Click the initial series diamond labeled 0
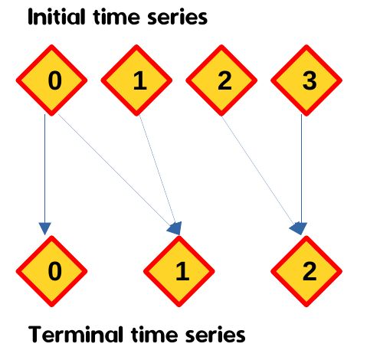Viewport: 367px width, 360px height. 51,80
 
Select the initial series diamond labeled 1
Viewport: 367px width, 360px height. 136,80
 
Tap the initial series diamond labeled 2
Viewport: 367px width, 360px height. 221,80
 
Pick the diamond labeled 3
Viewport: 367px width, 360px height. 306,80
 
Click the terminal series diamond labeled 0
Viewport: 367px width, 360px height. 51,271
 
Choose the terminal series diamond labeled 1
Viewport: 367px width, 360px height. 179,271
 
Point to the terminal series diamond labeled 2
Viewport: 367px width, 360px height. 306,271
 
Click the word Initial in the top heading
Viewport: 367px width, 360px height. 56,17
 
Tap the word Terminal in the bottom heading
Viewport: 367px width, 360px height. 75,334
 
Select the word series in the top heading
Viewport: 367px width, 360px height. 178,18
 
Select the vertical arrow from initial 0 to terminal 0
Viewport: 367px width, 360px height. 45,175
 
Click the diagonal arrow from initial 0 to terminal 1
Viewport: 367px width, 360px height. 120,174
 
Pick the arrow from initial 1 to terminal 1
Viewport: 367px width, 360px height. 160,175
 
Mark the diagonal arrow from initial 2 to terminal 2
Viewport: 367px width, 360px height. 263,175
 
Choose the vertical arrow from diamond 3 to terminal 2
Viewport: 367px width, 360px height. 301,175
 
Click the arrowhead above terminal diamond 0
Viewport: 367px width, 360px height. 45,228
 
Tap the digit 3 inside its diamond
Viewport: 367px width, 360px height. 310,80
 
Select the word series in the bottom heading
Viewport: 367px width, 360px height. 215,335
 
